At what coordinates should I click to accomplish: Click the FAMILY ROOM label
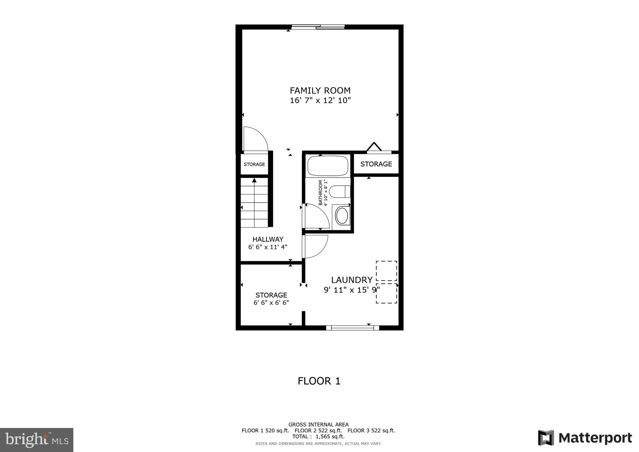point(320,91)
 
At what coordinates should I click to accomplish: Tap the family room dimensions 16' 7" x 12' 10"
point(320,101)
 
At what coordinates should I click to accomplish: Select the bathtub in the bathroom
point(328,166)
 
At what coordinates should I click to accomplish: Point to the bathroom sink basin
point(342,216)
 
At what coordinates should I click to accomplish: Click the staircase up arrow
point(254,180)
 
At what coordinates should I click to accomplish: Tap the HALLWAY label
point(268,239)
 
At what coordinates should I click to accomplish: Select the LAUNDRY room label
point(352,280)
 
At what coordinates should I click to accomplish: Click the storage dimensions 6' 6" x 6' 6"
point(271,303)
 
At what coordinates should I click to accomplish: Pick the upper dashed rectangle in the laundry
point(386,271)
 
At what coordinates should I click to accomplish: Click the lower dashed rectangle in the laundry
point(386,293)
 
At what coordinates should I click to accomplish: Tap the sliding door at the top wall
point(318,27)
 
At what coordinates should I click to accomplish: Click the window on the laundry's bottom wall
point(353,327)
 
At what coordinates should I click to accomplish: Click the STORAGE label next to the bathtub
point(376,164)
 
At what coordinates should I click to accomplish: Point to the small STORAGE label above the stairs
point(254,165)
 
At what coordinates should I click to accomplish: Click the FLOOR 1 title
point(319,381)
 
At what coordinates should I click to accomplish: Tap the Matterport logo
point(585,438)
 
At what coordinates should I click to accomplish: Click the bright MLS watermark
point(37,440)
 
